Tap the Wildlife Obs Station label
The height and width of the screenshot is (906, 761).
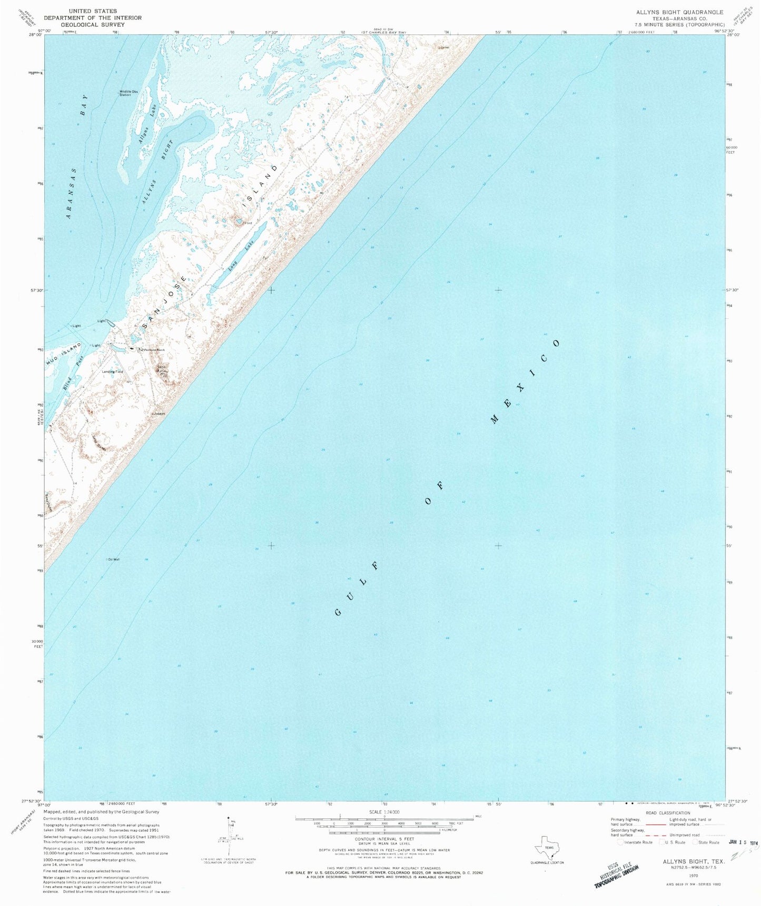coord(125,93)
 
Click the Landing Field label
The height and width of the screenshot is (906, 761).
coord(113,372)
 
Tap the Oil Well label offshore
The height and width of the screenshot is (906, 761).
coord(113,559)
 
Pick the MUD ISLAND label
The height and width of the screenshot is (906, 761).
coord(64,354)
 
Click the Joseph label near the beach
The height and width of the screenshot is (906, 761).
coord(159,414)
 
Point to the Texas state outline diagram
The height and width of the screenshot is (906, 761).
coord(547,847)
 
